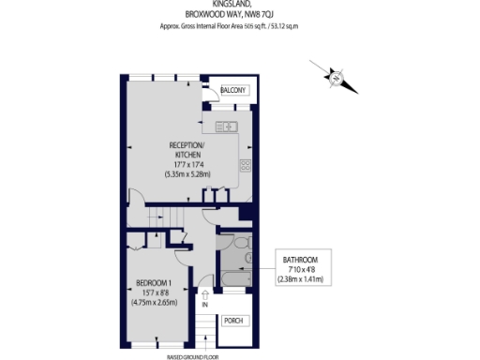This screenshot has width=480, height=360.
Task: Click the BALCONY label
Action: point(234,90)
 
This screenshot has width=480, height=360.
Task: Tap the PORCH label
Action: point(234,321)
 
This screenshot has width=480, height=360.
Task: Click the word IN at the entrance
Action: point(204,306)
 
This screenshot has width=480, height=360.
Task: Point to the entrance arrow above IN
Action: point(204,293)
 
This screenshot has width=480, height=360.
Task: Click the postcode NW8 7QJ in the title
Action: point(267,14)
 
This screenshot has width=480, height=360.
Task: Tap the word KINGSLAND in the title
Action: point(239,4)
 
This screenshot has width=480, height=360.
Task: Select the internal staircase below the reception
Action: point(164,216)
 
